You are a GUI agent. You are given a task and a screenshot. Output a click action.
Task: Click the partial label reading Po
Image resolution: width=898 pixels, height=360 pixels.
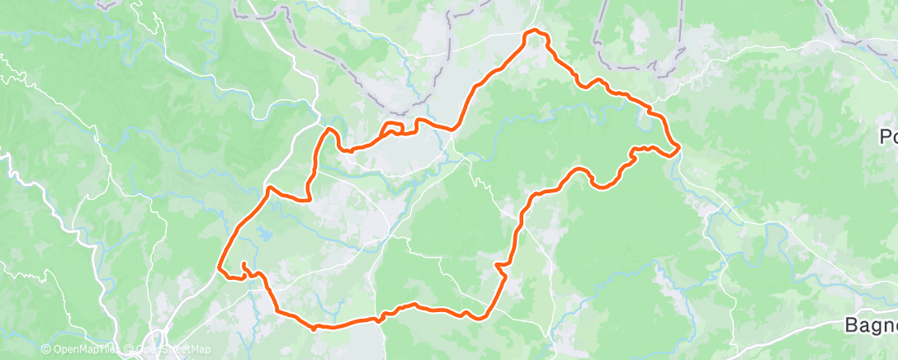pyautogui.click(x=888, y=137)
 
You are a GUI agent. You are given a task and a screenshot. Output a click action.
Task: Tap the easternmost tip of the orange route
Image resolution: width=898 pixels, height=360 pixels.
pyautogui.click(x=678, y=149)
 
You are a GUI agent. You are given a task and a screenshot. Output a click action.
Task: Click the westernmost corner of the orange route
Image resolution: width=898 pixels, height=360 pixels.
pyautogui.click(x=219, y=267)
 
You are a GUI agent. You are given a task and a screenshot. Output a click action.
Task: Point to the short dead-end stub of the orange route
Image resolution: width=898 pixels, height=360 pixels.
pyautogui.click(x=245, y=264)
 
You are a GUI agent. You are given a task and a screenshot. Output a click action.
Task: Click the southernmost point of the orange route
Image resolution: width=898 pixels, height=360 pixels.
pyautogui.click(x=314, y=328)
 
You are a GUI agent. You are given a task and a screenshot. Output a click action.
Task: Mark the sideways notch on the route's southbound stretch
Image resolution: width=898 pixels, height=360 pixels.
pyautogui.click(x=499, y=266)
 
